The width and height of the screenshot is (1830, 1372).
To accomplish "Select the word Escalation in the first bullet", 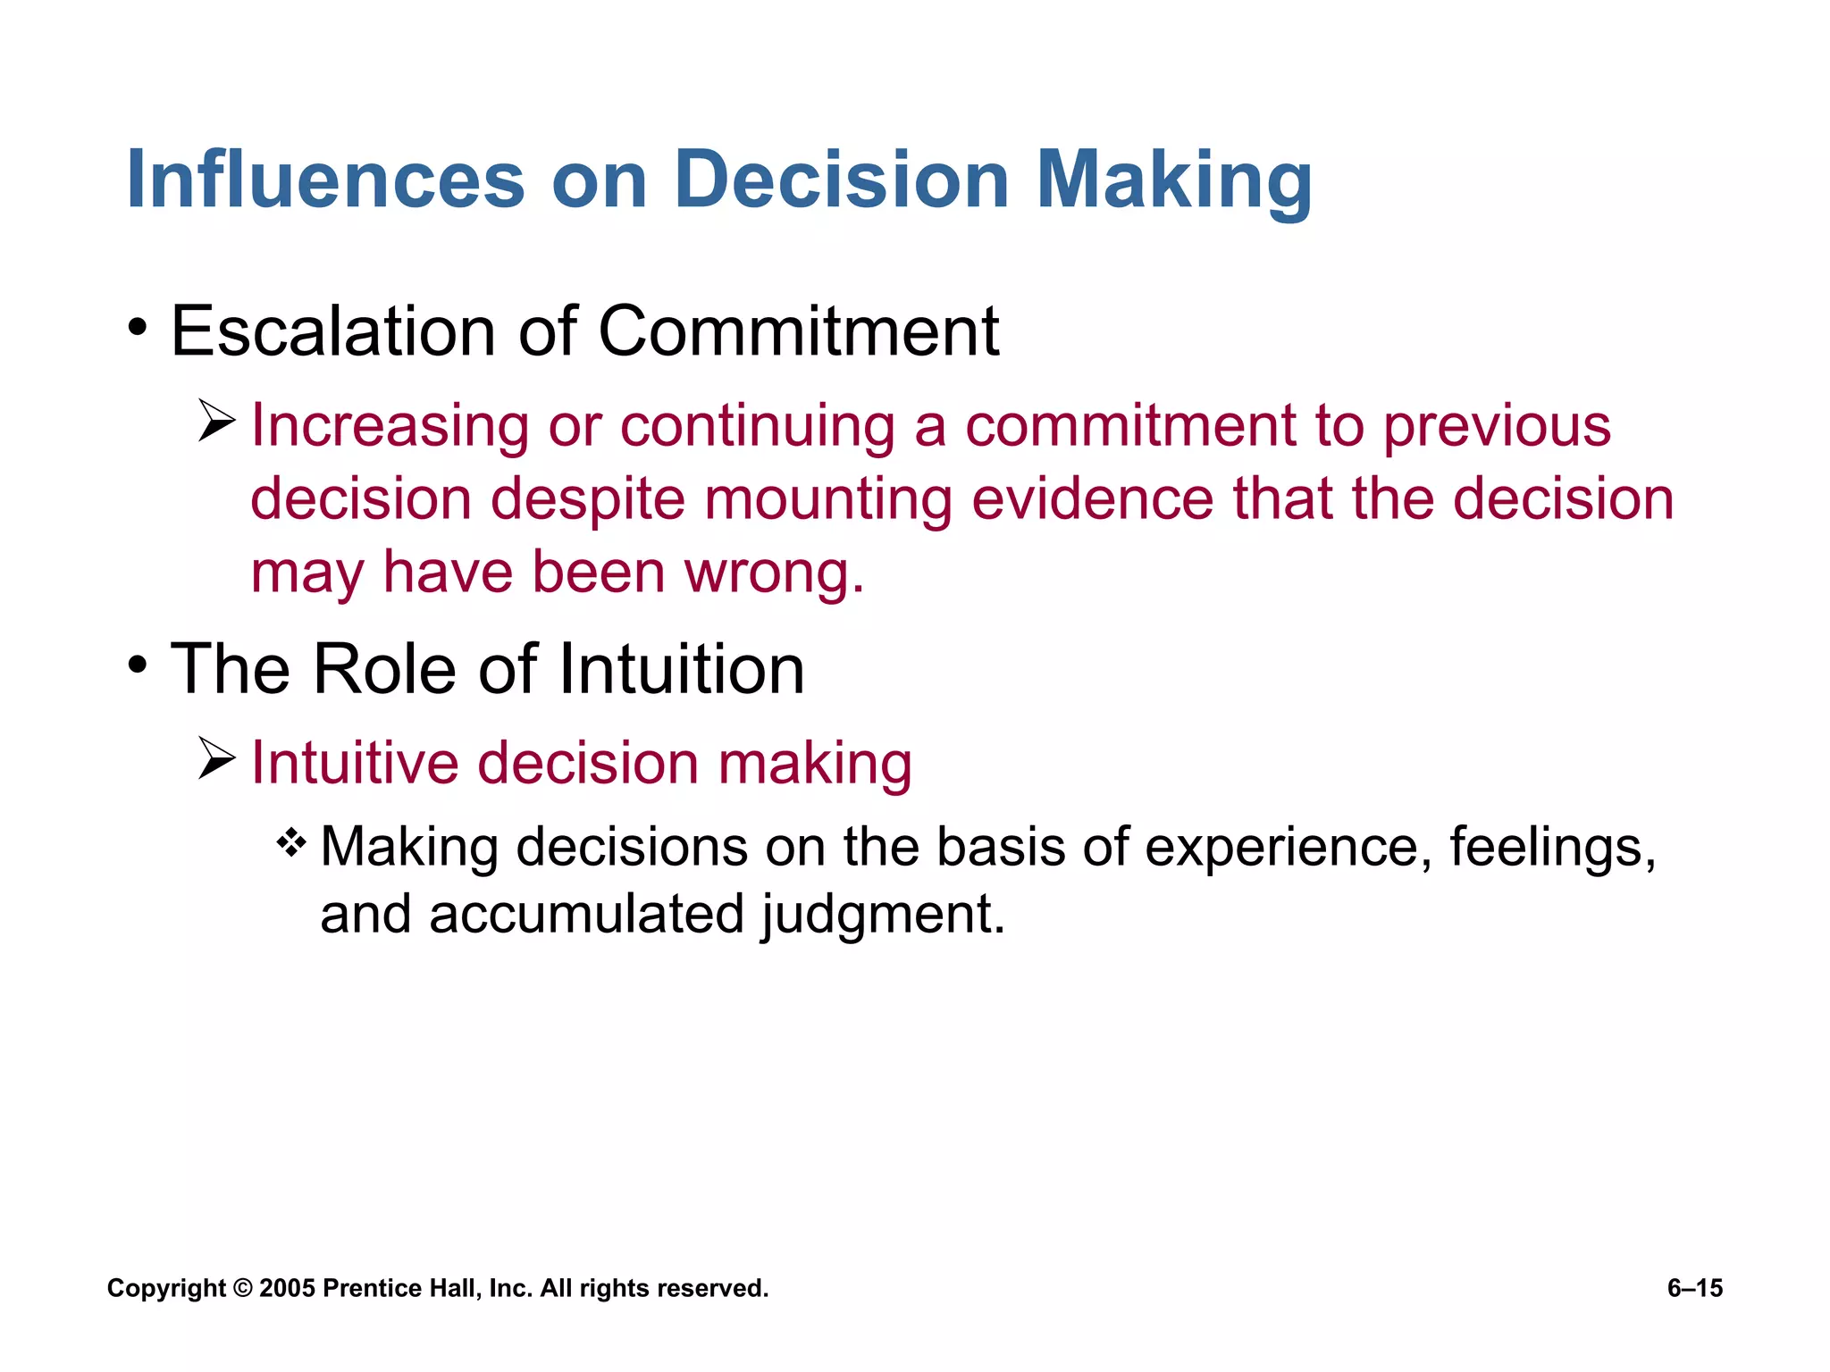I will tap(332, 331).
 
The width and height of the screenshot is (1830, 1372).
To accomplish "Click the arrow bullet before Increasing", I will tap(216, 421).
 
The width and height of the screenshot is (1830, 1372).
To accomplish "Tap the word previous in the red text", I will tap(1497, 427).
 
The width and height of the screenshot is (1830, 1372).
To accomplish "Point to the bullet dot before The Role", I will tap(137, 665).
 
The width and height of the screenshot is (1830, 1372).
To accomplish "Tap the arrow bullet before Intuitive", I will tap(216, 759).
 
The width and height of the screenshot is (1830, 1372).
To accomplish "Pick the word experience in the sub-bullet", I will tap(1282, 848).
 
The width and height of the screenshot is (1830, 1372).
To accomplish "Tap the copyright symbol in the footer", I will tap(242, 1288).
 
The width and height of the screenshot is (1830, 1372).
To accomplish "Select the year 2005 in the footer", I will tap(287, 1288).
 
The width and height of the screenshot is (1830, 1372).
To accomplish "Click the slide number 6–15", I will tap(1694, 1288).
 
